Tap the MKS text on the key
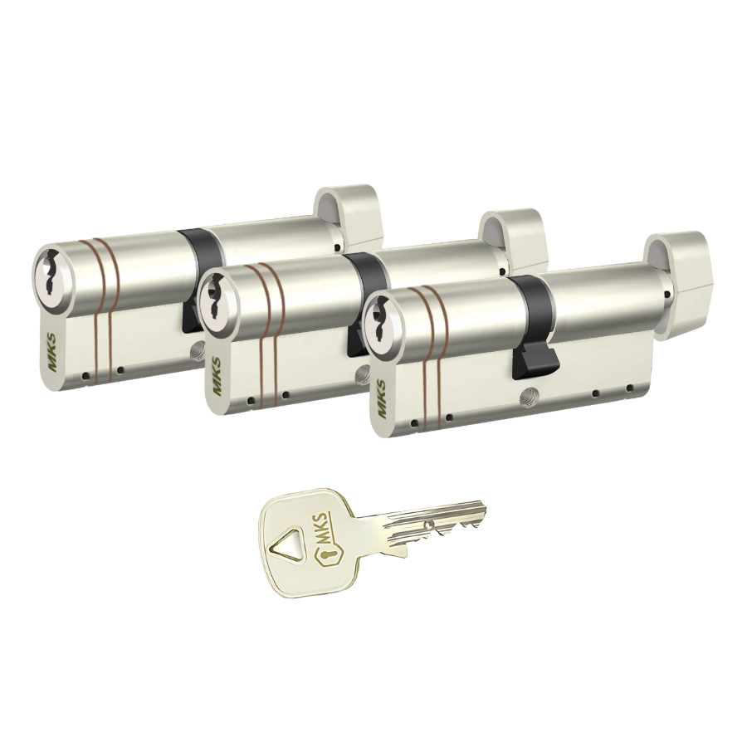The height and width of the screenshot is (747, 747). (x=323, y=525)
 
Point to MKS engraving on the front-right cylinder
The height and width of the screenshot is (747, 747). (x=382, y=398)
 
